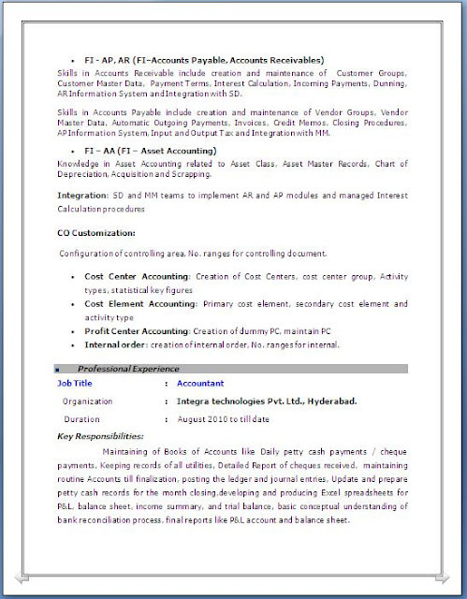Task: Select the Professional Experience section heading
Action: [x=128, y=369]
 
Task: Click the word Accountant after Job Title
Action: [x=201, y=384]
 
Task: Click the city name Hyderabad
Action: [x=328, y=401]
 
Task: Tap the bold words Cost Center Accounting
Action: [x=137, y=277]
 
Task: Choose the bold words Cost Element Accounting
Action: [x=143, y=304]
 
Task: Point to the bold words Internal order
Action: [x=112, y=345]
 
